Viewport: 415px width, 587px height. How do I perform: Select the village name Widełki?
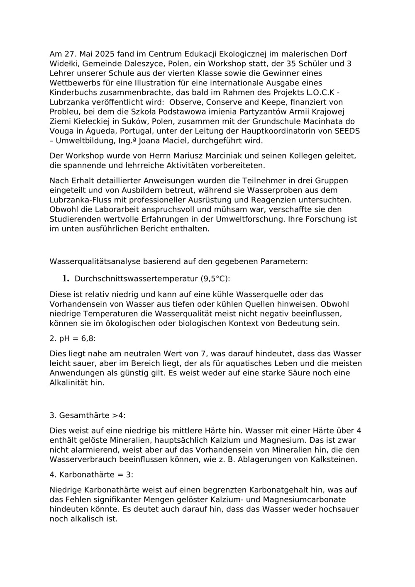coord(63,64)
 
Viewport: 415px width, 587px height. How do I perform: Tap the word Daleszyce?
coord(138,64)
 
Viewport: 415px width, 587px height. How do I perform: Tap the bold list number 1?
coord(65,278)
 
